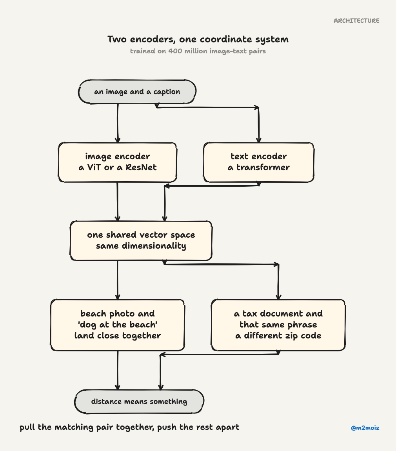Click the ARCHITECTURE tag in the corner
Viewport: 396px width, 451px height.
tap(356, 21)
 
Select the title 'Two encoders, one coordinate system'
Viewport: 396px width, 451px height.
tap(198, 39)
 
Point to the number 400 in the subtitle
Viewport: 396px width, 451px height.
tap(175, 51)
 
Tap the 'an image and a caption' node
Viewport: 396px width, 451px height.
tap(137, 92)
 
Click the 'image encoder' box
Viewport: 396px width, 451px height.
tap(117, 162)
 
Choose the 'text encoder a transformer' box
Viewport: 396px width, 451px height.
tap(258, 162)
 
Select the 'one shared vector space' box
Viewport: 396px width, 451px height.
tap(141, 241)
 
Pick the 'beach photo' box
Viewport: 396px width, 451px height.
tap(117, 325)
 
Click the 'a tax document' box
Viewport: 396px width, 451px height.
tap(278, 325)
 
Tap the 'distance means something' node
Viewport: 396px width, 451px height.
tap(139, 402)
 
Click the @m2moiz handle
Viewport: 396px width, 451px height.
tap(365, 428)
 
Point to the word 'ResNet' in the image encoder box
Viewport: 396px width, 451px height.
tap(141, 167)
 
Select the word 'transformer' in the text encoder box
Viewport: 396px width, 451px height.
tap(263, 167)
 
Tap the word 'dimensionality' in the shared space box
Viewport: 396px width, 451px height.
tap(154, 246)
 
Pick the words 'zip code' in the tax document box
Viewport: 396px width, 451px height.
tap(303, 336)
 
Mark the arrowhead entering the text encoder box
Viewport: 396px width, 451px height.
tap(258, 140)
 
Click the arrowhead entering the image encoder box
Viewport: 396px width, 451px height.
tap(117, 140)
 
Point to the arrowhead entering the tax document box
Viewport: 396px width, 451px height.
tap(278, 297)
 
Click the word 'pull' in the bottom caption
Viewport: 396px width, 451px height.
tap(27, 427)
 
